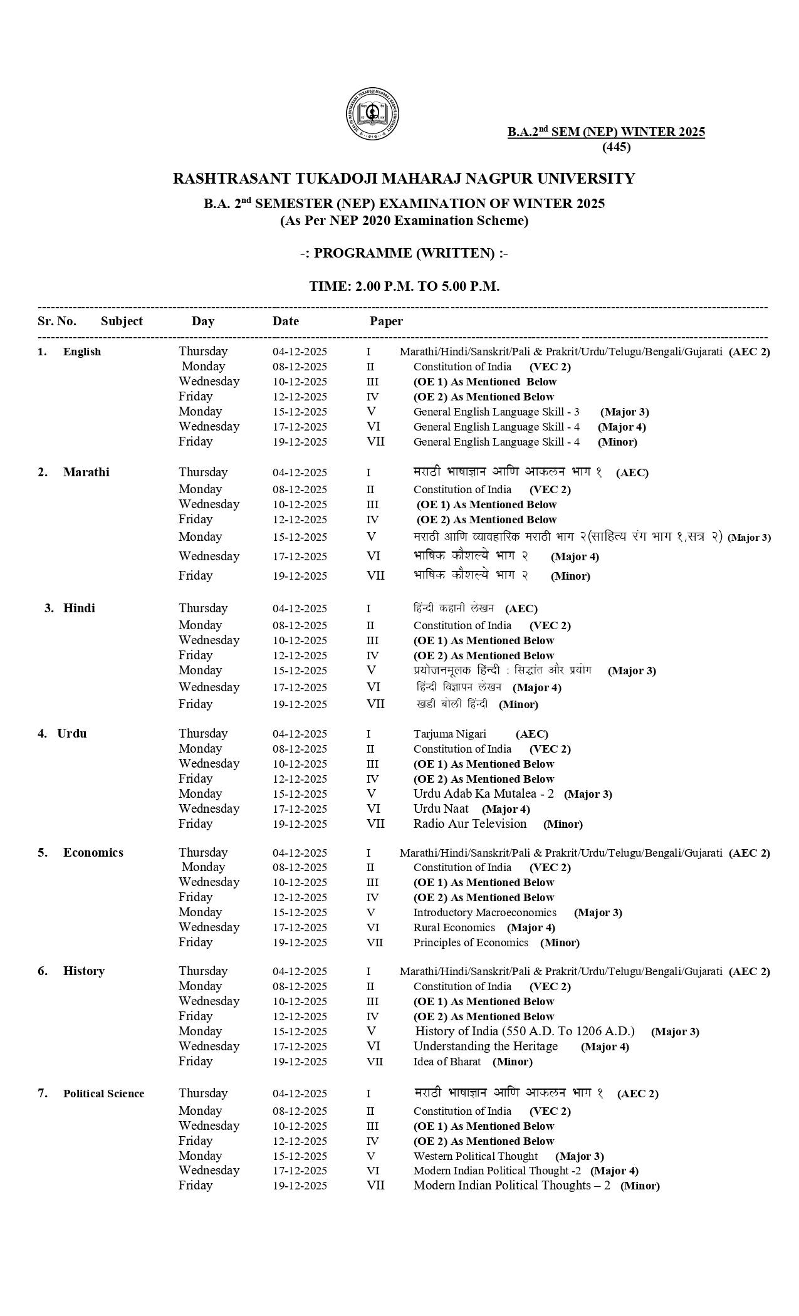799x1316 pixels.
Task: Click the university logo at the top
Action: coord(372,116)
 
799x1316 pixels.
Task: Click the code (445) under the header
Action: coord(616,147)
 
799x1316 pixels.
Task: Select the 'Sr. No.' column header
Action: coord(57,321)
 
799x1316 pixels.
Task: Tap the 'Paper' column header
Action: coord(385,321)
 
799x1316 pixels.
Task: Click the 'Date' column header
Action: coord(285,321)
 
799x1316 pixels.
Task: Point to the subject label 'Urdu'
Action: coord(71,733)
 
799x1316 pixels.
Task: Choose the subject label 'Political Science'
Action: coord(103,1094)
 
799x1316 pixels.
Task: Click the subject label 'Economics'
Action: coord(93,852)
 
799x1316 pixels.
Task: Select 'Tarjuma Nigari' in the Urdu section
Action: coord(449,734)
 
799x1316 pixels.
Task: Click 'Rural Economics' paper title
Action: coord(454,927)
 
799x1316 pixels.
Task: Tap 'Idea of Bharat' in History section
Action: coord(447,1062)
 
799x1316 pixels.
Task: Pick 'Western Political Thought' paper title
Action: coord(475,1156)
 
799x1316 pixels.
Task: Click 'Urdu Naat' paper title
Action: coord(441,809)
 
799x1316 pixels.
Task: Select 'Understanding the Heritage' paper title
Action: coord(485,1046)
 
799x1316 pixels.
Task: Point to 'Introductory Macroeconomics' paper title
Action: coord(484,912)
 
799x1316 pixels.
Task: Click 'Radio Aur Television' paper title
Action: coord(469,823)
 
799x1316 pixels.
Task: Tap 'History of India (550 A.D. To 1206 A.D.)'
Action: coord(525,1031)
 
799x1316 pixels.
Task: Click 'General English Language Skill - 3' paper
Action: coord(496,412)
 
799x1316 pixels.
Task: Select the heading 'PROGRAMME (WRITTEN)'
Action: coord(404,253)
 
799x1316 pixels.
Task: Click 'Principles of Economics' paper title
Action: coord(471,943)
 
